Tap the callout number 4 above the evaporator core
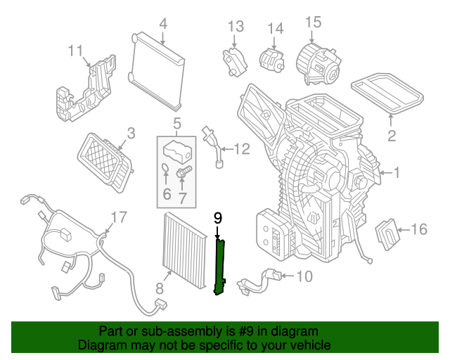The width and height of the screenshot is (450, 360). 162,24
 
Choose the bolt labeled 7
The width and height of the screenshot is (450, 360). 184,172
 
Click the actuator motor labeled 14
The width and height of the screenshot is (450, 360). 270,58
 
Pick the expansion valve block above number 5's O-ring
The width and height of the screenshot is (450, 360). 177,149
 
